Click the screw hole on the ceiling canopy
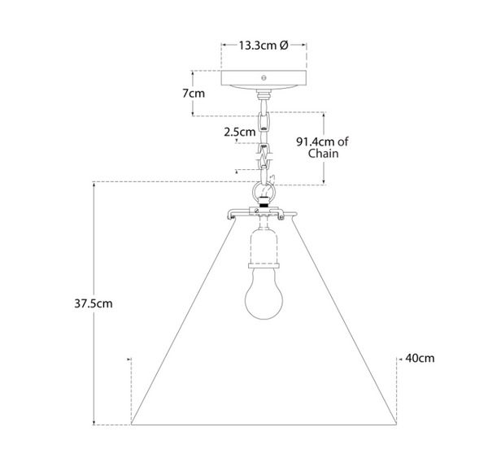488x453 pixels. click(264, 78)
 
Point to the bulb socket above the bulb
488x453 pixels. click(265, 249)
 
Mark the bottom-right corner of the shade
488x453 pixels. click(398, 424)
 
